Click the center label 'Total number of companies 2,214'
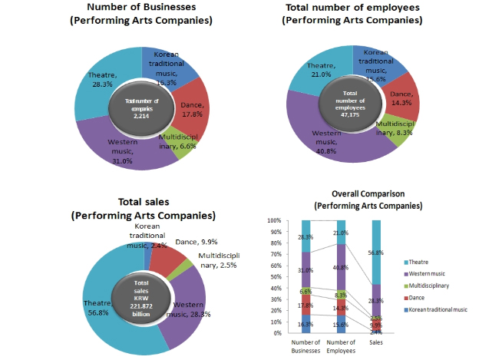140,107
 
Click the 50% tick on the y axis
275,276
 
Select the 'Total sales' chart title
144,203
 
